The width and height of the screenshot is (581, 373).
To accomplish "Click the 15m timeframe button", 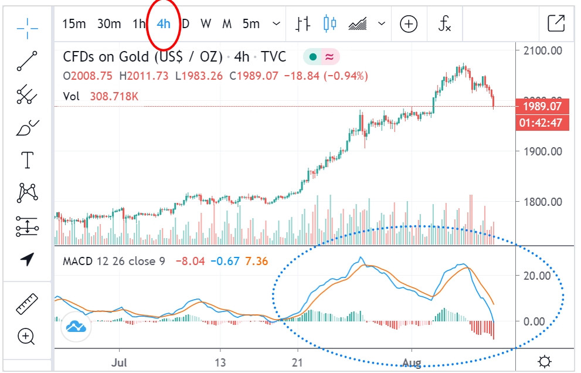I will (x=74, y=24).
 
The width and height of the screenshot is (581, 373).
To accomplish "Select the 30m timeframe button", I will (x=109, y=24).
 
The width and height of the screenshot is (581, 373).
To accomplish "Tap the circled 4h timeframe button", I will (x=164, y=24).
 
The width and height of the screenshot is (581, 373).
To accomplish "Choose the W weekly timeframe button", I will (x=205, y=24).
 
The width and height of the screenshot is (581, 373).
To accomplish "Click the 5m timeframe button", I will (x=251, y=24).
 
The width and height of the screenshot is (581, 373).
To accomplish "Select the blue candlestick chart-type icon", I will (x=330, y=24).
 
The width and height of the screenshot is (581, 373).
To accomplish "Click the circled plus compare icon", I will (x=409, y=24).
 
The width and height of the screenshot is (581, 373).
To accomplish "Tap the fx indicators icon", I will (x=445, y=24).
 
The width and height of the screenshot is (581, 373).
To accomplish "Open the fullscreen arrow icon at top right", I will (x=555, y=23).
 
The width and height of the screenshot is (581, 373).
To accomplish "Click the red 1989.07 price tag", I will (x=542, y=107).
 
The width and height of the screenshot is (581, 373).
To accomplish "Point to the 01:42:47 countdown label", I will (x=542, y=123).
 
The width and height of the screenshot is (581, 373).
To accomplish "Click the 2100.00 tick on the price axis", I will (x=542, y=50).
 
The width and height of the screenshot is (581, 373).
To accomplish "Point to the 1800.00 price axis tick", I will (x=542, y=202).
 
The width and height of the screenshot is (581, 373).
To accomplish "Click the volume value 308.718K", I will (x=114, y=96).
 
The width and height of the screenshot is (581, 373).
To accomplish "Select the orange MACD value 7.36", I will (x=257, y=260).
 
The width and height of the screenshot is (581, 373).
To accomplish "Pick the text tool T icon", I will (x=28, y=160).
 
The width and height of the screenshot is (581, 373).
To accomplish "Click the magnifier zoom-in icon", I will (x=26, y=337).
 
